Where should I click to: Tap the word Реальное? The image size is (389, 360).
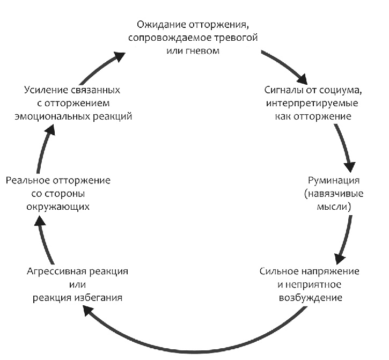(x=28, y=180)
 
